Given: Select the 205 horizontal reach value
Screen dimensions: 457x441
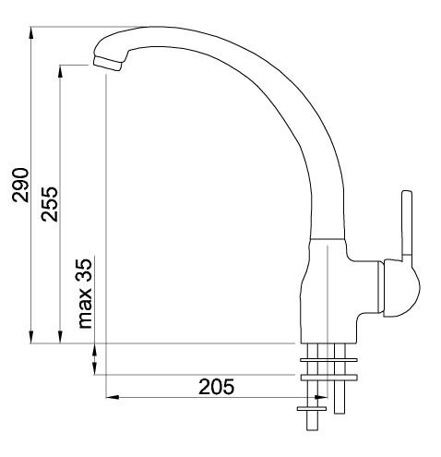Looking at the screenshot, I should pyautogui.click(x=217, y=386).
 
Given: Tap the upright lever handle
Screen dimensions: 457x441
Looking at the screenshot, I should pyautogui.click(x=405, y=226).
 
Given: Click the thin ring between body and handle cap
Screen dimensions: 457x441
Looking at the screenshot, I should pyautogui.click(x=383, y=289).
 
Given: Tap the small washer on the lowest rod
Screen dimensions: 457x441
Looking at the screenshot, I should pyautogui.click(x=311, y=406).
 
